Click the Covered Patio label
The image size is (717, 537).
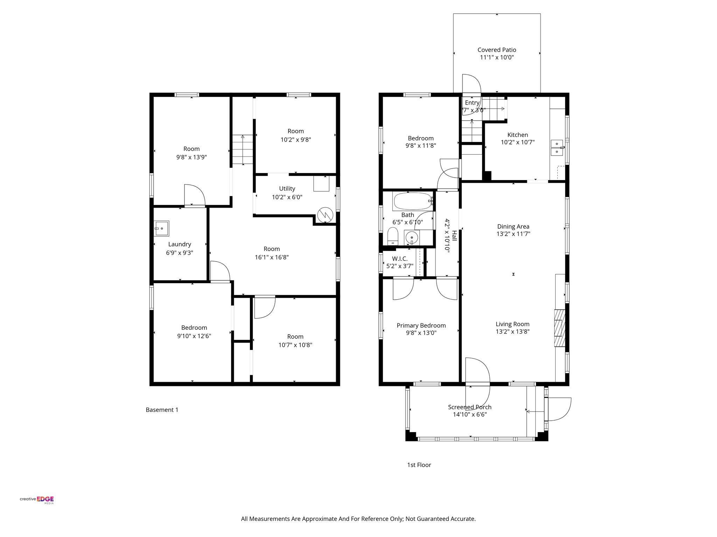pos(496,50)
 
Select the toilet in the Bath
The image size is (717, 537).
pos(393,236)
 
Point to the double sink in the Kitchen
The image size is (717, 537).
pos(557,148)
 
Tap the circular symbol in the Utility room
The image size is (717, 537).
pos(325,215)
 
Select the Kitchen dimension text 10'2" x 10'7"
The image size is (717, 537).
pos(517,142)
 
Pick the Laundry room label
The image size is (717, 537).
pos(180,244)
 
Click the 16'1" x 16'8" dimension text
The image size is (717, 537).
pos(272,257)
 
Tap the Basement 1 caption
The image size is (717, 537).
pos(162,410)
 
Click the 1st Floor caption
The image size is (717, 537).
pos(419,465)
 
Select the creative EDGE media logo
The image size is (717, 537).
pos(37,500)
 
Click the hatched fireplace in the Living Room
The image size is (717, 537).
pos(559,328)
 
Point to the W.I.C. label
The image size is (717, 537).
pos(399,259)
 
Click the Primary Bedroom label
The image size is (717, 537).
pos(421,325)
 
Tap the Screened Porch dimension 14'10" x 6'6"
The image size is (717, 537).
pos(469,415)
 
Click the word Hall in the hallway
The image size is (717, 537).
pos(454,235)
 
